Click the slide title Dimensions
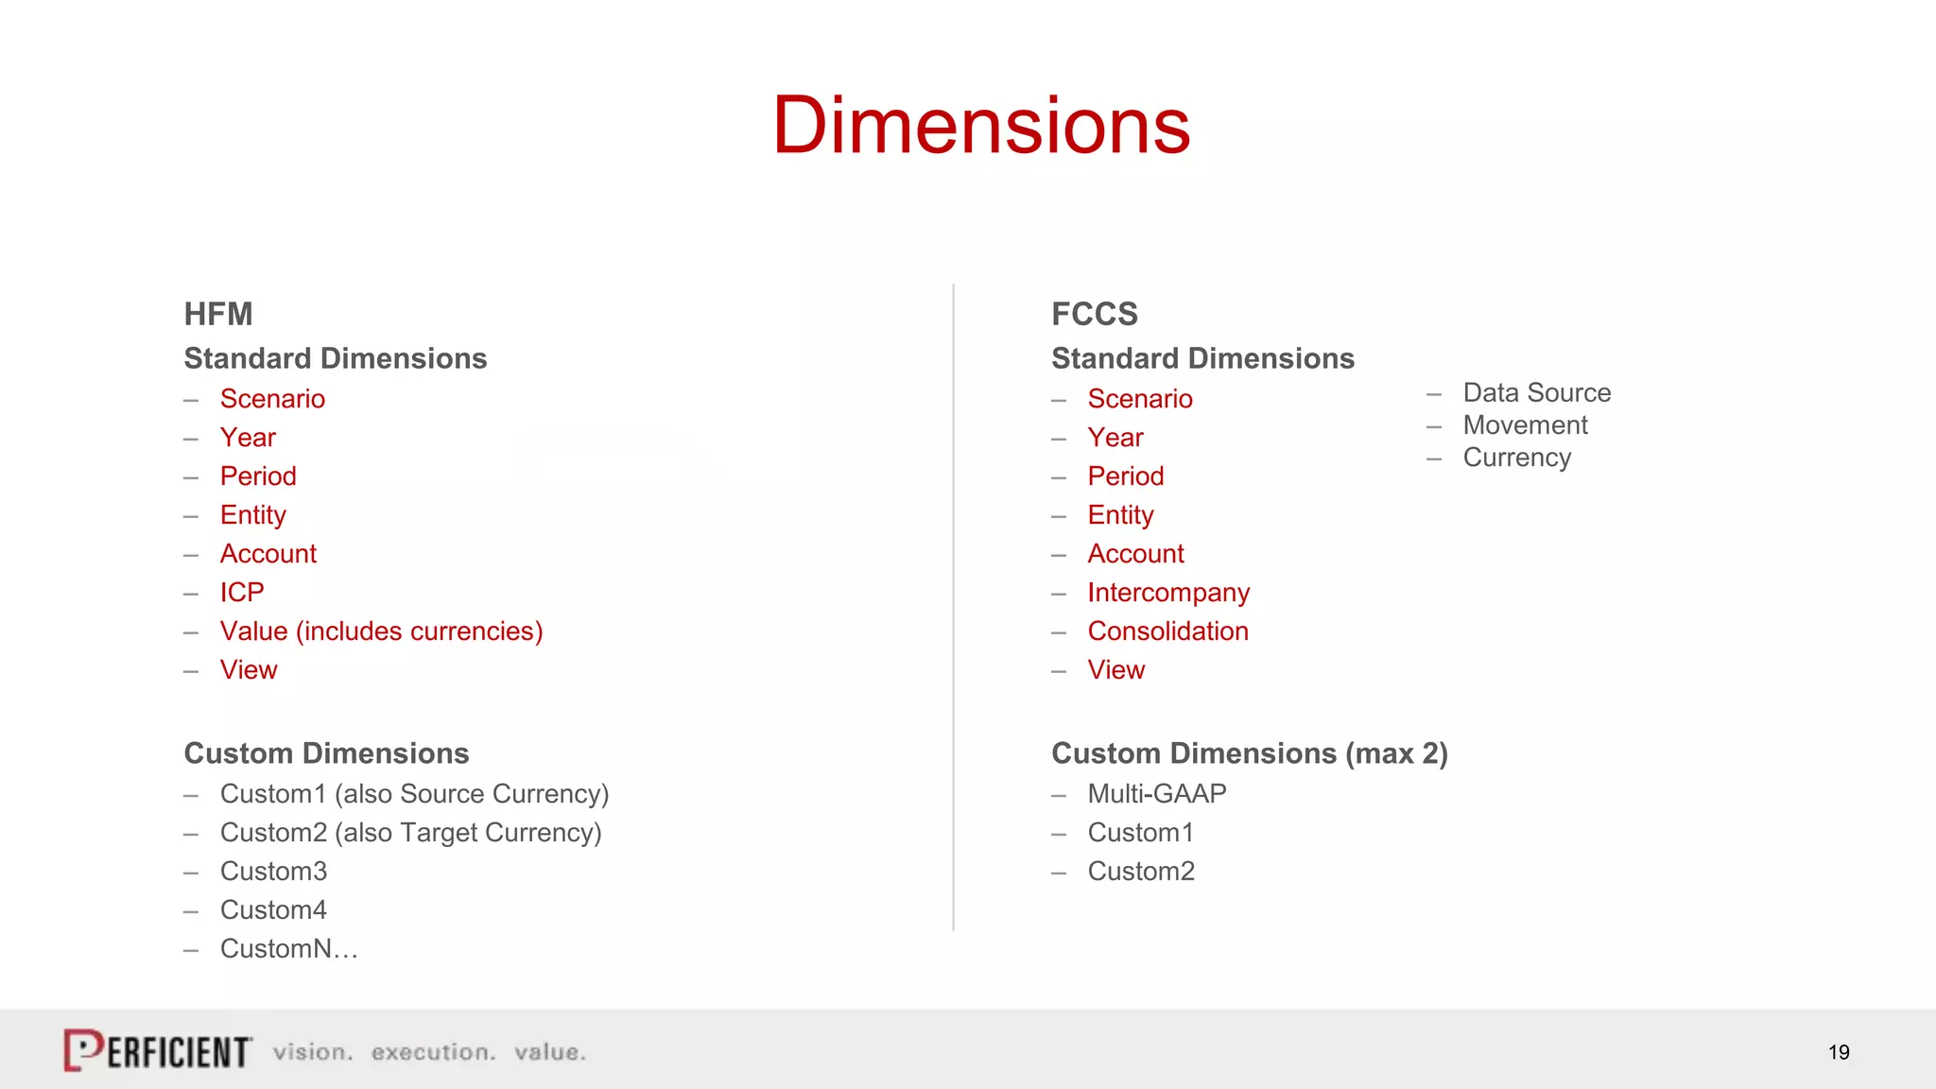click(981, 126)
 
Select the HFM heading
click(218, 314)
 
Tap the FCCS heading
click(1094, 314)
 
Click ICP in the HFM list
click(242, 592)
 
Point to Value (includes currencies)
click(381, 631)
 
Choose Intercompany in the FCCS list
click(1168, 592)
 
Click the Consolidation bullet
click(1167, 631)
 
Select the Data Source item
click(1536, 392)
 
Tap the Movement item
click(1525, 425)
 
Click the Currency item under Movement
click(1516, 458)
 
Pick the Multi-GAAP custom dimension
click(1156, 793)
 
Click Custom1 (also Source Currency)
click(414, 793)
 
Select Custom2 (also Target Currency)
click(410, 832)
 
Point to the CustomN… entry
click(288, 948)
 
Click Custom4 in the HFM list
click(273, 909)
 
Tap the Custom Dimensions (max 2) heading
click(1249, 753)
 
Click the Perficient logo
click(158, 1050)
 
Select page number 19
click(1838, 1052)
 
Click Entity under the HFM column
click(252, 514)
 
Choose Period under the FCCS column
click(1125, 475)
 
